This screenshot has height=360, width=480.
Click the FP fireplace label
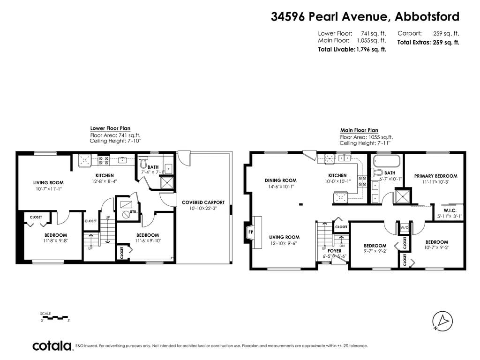click(251, 232)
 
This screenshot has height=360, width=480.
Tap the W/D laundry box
click(405, 228)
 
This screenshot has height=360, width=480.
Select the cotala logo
click(52, 345)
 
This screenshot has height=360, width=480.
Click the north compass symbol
click(442, 321)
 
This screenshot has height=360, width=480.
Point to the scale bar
click(54, 317)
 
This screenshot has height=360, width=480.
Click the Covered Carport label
click(203, 202)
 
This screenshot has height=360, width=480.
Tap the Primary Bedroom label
click(435, 176)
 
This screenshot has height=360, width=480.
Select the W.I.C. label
click(450, 210)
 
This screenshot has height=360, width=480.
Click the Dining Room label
click(281, 180)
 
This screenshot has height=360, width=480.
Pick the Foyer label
click(334, 251)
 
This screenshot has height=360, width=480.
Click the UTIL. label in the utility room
click(134, 211)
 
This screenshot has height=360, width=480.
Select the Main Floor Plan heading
click(359, 130)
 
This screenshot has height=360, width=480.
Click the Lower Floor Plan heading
click(110, 128)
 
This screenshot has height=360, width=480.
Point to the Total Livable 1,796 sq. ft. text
click(352, 49)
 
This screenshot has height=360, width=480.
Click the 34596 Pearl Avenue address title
click(365, 16)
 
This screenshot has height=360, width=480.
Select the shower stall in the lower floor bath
click(167, 183)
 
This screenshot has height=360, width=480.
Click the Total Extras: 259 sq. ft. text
click(428, 43)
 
